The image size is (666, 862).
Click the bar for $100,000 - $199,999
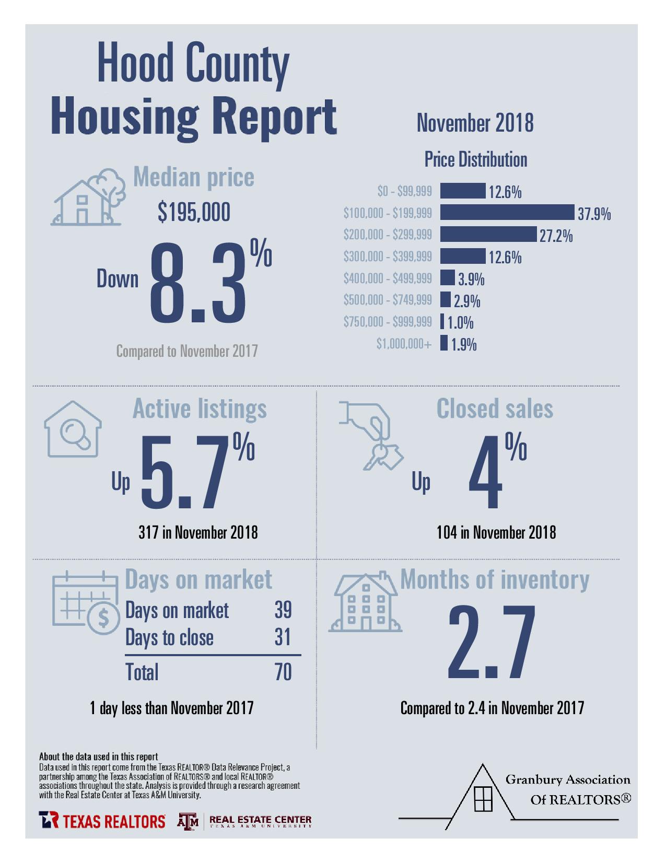pyautogui.click(x=507, y=213)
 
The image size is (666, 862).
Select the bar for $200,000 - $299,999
pyautogui.click(x=488, y=235)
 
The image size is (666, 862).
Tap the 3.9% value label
pyautogui.click(x=471, y=279)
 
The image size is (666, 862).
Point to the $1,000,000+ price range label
pyautogui.click(x=404, y=344)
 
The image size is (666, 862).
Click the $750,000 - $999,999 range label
pyautogui.click(x=388, y=322)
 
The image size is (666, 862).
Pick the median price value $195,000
pyautogui.click(x=194, y=212)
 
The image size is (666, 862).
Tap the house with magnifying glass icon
pyautogui.click(x=73, y=429)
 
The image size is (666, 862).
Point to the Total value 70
pyautogui.click(x=283, y=672)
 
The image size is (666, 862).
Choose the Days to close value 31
pyautogui.click(x=283, y=637)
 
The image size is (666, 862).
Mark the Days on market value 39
pyautogui.click(x=283, y=610)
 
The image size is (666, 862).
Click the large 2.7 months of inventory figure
pyautogui.click(x=492, y=642)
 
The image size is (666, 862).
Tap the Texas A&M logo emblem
pyautogui.click(x=188, y=821)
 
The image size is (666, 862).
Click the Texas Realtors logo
pyautogui.click(x=102, y=821)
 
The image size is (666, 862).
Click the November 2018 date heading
pyautogui.click(x=475, y=123)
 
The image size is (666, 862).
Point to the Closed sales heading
pyautogui.click(x=495, y=409)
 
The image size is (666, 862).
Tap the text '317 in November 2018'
pyautogui.click(x=198, y=532)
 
